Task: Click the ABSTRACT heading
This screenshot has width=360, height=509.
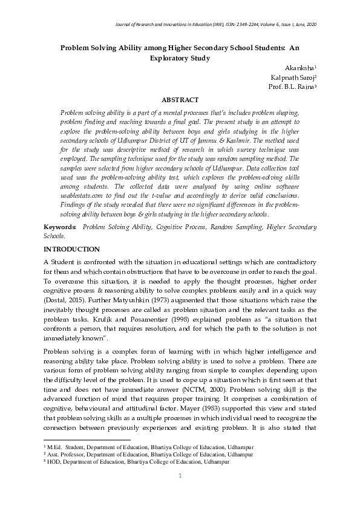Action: [x=180, y=100]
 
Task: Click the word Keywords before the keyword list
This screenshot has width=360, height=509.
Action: [x=60, y=227]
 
